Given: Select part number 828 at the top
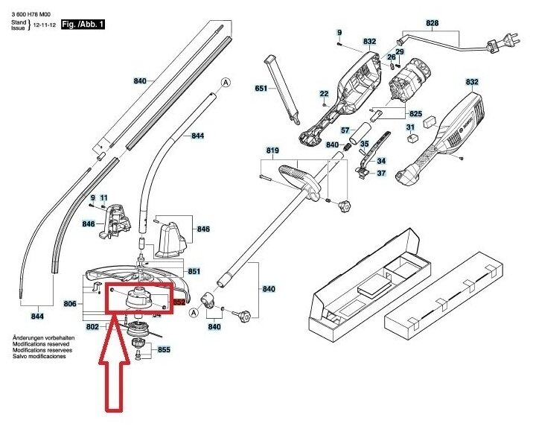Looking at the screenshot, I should [433, 24].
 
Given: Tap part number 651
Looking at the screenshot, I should [261, 89].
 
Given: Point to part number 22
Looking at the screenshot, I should [324, 93].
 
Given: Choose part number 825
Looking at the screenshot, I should [415, 113].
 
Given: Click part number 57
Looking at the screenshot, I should [345, 130].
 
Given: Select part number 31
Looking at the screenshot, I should [410, 128].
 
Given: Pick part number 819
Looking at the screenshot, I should [272, 151].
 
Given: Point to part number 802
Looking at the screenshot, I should [92, 327].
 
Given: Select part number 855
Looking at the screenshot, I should [164, 349].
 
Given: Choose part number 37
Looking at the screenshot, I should [380, 173].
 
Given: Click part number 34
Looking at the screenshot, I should [380, 161].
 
